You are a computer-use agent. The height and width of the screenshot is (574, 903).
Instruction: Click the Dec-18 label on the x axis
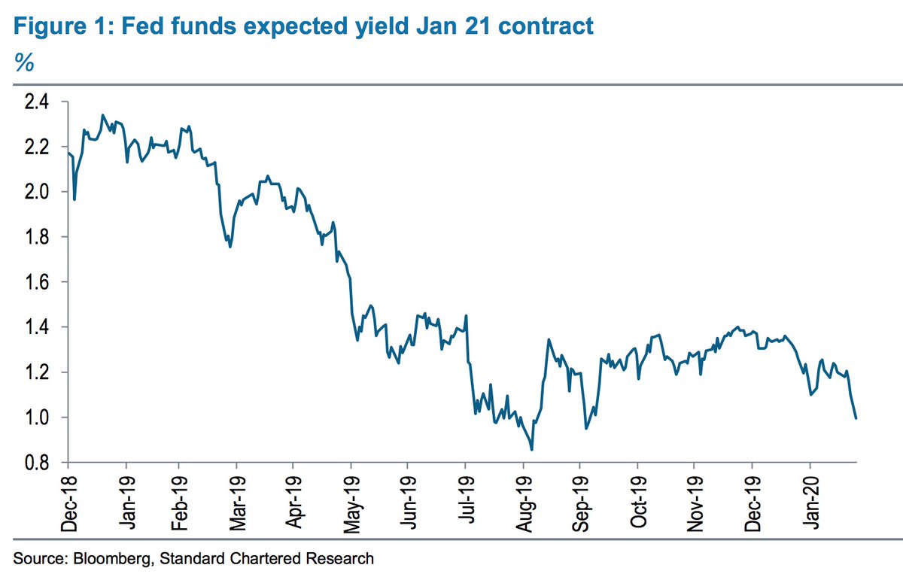point(70,500)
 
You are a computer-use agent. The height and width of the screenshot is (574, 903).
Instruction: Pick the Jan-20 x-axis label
point(810,500)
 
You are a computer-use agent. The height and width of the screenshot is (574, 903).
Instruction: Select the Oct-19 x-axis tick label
point(638,500)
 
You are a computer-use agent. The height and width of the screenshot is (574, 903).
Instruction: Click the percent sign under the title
point(24,63)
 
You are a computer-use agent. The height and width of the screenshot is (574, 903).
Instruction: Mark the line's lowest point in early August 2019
point(532,449)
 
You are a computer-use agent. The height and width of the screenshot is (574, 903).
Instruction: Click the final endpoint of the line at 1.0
point(856,418)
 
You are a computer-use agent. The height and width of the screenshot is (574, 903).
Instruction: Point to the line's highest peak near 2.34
point(102,115)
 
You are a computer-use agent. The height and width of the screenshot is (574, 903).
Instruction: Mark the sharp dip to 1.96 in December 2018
point(74,199)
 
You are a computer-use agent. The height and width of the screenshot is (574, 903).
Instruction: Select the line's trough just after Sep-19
point(586,429)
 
